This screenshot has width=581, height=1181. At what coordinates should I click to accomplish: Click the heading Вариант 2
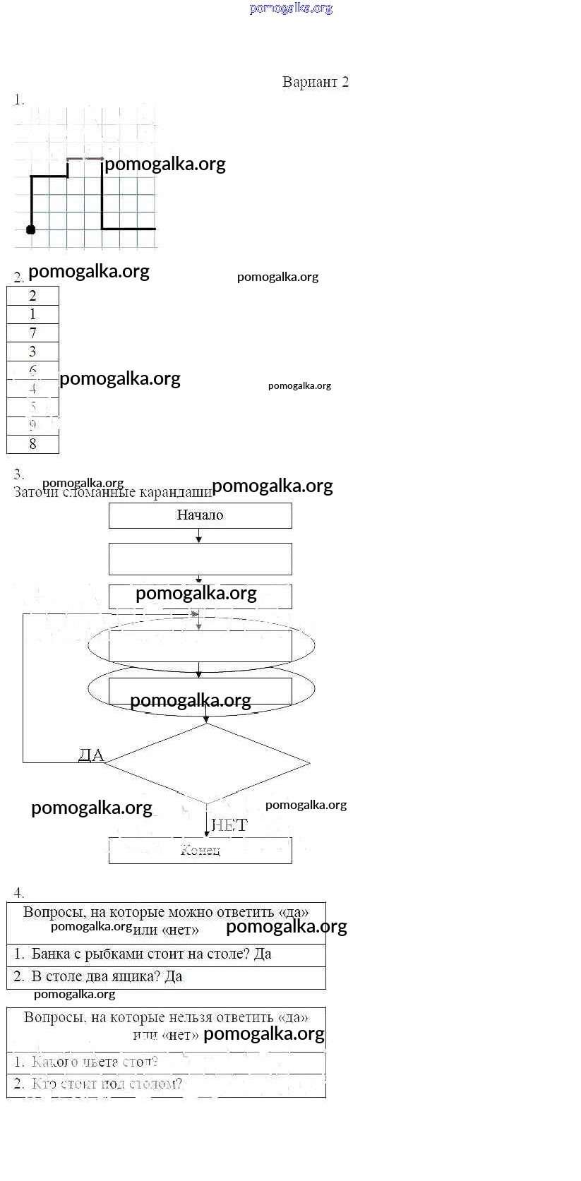[315, 82]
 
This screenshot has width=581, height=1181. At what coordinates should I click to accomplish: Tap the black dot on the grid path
[30, 229]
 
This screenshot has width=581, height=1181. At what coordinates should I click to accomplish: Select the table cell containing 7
[32, 332]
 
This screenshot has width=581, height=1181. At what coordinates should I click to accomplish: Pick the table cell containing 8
[32, 443]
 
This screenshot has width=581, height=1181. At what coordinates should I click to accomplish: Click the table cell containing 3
[32, 352]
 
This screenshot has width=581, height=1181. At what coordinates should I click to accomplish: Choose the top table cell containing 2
[32, 296]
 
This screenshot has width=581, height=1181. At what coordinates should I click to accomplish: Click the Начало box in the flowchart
[200, 515]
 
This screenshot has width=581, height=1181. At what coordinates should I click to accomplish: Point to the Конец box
[200, 850]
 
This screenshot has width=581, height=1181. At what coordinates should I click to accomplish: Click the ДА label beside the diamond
[91, 755]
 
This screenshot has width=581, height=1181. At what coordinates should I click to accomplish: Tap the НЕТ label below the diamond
[229, 825]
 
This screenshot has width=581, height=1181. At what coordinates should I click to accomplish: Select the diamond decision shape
[206, 763]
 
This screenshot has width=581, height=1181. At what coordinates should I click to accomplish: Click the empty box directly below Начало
[200, 558]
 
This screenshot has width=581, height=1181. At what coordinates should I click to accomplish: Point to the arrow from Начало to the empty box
[199, 536]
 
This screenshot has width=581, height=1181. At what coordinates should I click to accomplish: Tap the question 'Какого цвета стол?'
[95, 1062]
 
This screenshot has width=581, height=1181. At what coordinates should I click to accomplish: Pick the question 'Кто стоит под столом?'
[106, 1084]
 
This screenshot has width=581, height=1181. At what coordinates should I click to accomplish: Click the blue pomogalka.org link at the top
[291, 8]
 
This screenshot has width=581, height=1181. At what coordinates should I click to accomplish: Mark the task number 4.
[19, 892]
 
